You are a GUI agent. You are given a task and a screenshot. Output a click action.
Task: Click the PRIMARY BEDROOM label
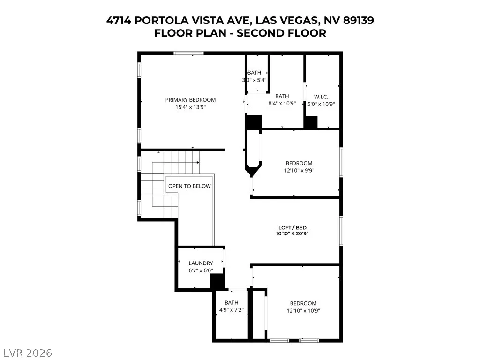(190, 100)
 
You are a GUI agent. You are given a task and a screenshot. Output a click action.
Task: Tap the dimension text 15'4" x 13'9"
(190, 107)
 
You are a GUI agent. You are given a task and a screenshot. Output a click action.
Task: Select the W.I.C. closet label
(321, 97)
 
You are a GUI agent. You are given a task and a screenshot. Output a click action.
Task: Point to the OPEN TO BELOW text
(189, 186)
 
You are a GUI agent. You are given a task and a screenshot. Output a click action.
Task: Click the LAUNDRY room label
(201, 263)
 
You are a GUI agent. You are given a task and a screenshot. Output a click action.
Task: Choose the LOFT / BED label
(292, 227)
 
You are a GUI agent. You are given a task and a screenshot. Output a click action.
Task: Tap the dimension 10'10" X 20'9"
(292, 233)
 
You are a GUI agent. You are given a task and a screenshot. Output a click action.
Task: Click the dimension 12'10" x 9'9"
(299, 170)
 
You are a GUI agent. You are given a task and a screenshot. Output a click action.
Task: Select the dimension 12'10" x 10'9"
(303, 310)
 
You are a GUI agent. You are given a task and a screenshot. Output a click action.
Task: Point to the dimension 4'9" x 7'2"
(232, 310)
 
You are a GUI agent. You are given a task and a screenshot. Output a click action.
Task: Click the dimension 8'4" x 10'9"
(282, 103)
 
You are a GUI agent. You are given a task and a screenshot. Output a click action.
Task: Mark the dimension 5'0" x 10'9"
(321, 104)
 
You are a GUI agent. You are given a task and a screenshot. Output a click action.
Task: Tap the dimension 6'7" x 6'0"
(201, 270)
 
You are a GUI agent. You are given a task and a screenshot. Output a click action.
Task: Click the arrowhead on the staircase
(198, 162)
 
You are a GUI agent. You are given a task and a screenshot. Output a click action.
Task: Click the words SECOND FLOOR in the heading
(281, 33)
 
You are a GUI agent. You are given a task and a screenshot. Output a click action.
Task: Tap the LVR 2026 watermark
(26, 353)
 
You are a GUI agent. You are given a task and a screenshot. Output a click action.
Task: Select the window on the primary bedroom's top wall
(188, 53)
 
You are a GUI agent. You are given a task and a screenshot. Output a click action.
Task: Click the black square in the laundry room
(217, 281)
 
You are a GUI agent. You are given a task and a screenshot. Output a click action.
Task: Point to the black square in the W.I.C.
(310, 122)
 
